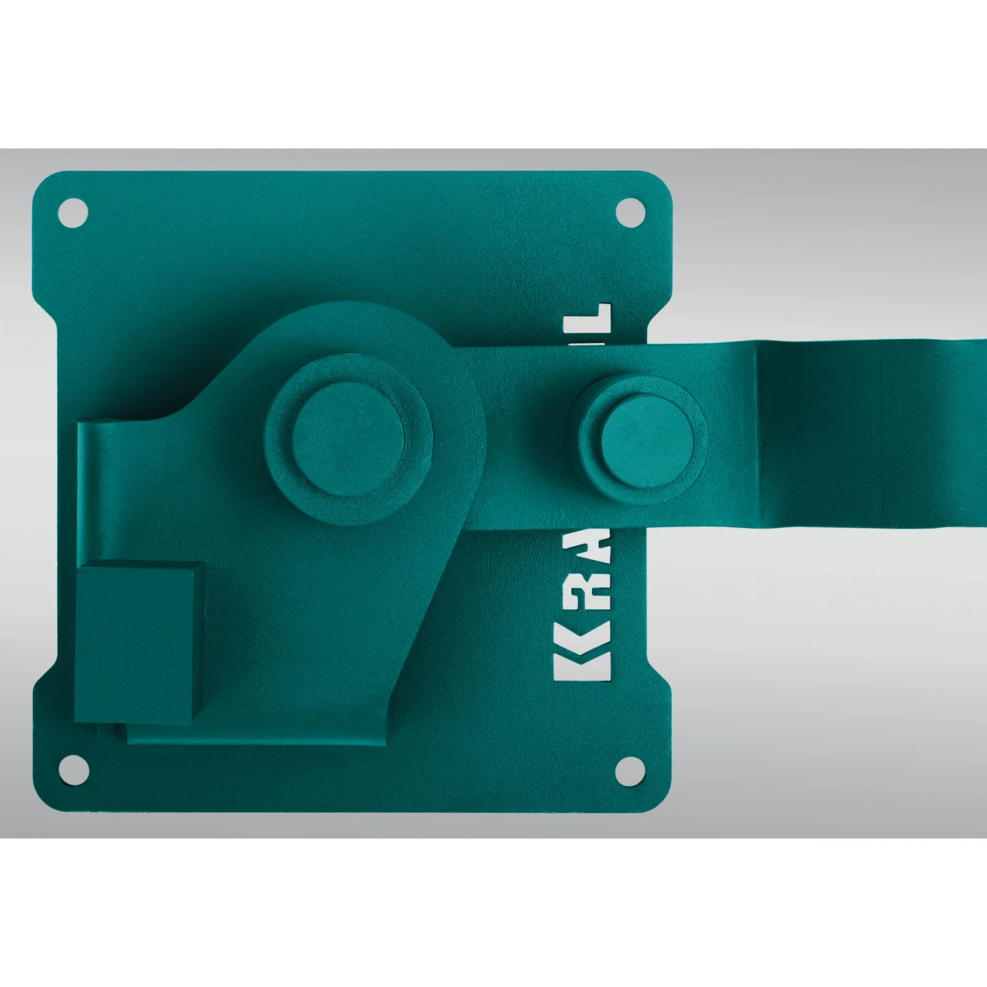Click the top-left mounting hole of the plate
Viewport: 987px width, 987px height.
coord(73,213)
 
